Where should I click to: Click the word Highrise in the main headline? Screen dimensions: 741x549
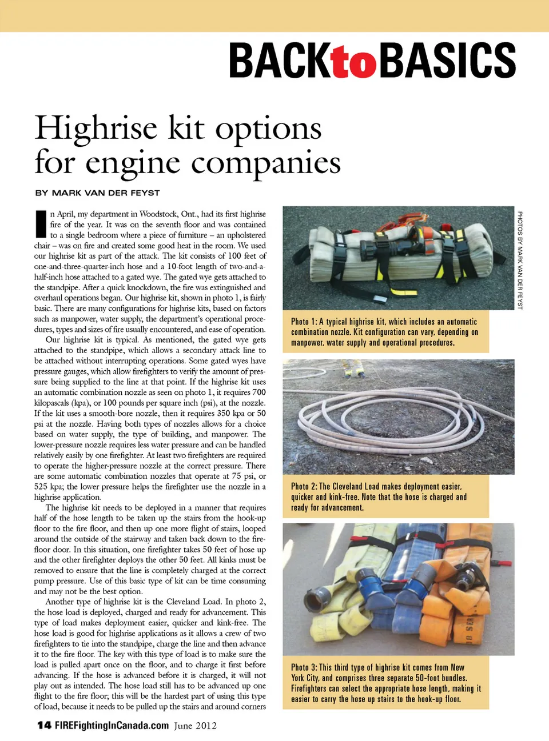[x=96, y=128]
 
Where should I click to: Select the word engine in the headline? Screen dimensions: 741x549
[x=133, y=163]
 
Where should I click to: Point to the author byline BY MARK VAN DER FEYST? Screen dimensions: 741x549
[x=97, y=193]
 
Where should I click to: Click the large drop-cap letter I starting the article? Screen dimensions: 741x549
[x=41, y=224]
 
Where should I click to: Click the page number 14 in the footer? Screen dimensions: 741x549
[x=44, y=726]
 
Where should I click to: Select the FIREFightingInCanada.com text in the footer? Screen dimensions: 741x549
[x=112, y=726]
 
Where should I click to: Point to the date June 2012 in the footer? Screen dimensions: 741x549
[x=196, y=726]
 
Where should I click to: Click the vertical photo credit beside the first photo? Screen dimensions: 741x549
[x=520, y=260]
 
